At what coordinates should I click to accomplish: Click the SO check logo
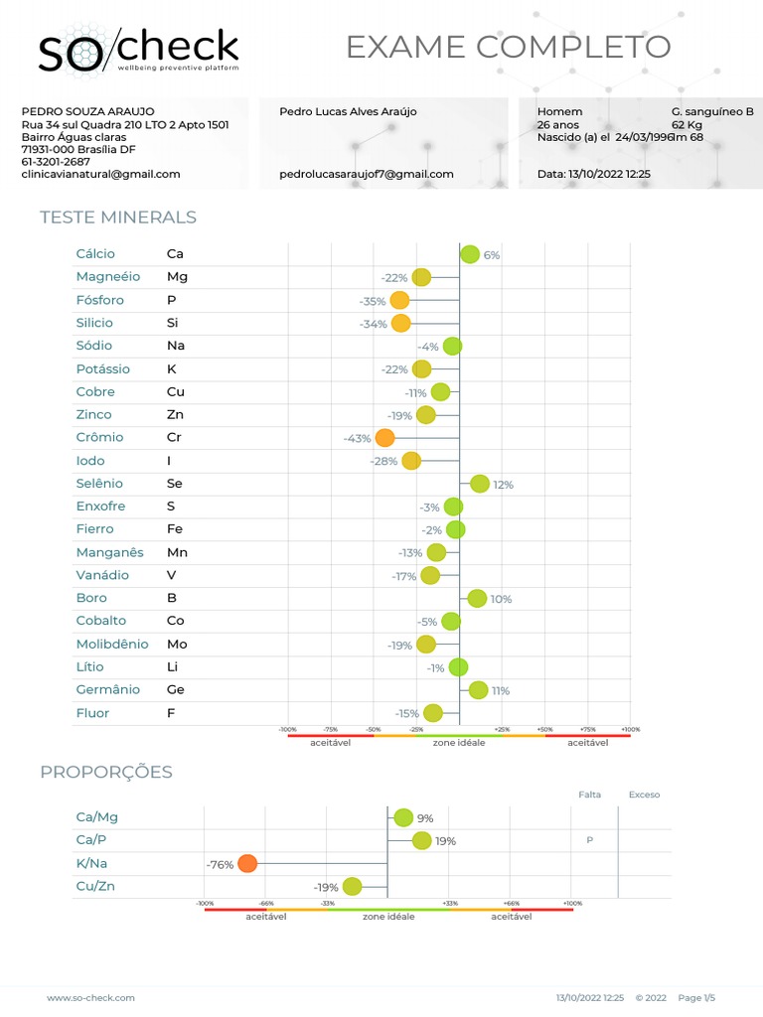pyautogui.click(x=138, y=50)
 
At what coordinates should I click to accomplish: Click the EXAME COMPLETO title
pyautogui.click(x=508, y=47)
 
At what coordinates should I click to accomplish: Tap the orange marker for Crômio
pyautogui.click(x=384, y=438)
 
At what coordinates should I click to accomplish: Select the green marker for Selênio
pyautogui.click(x=480, y=484)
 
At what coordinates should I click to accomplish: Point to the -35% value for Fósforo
pyautogui.click(x=373, y=301)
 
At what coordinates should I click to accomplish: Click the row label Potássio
pyautogui.click(x=102, y=368)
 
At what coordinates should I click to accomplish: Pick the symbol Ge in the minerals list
pyautogui.click(x=176, y=689)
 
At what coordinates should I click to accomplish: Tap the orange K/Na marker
pyautogui.click(x=247, y=863)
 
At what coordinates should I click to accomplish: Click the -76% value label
pyautogui.click(x=220, y=865)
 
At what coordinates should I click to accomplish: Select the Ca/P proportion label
pyautogui.click(x=91, y=840)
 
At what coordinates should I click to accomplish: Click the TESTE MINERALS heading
pyautogui.click(x=118, y=218)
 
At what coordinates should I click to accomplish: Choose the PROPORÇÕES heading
pyautogui.click(x=106, y=772)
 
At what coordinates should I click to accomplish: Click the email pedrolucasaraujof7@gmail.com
pyautogui.click(x=367, y=174)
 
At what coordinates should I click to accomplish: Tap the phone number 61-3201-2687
pyautogui.click(x=56, y=162)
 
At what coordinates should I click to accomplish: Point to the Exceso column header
pyautogui.click(x=644, y=795)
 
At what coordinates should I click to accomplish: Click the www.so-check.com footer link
pyautogui.click(x=90, y=997)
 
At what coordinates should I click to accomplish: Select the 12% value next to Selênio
pyautogui.click(x=503, y=485)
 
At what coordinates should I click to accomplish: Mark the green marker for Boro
pyautogui.click(x=477, y=598)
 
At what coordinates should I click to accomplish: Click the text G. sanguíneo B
pyautogui.click(x=712, y=112)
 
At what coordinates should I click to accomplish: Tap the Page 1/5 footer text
pyautogui.click(x=696, y=997)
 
